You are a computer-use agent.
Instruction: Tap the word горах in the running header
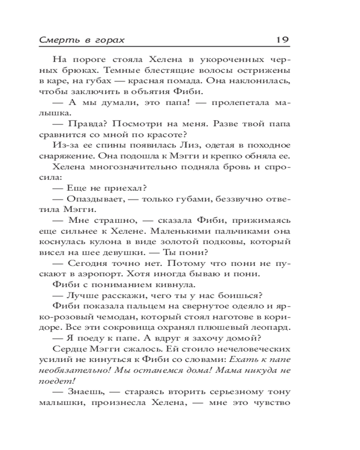click(109, 40)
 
